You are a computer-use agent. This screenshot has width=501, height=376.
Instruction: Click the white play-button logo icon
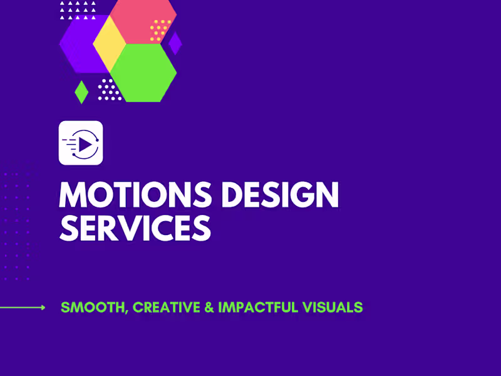[81, 143]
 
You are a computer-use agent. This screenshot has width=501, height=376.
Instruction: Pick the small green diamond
[81, 91]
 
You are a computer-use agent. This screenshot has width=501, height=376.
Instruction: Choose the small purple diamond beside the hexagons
[175, 43]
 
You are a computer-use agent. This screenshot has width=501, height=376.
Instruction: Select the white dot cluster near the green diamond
[110, 90]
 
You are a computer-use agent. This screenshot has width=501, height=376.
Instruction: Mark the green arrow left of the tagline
[23, 307]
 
